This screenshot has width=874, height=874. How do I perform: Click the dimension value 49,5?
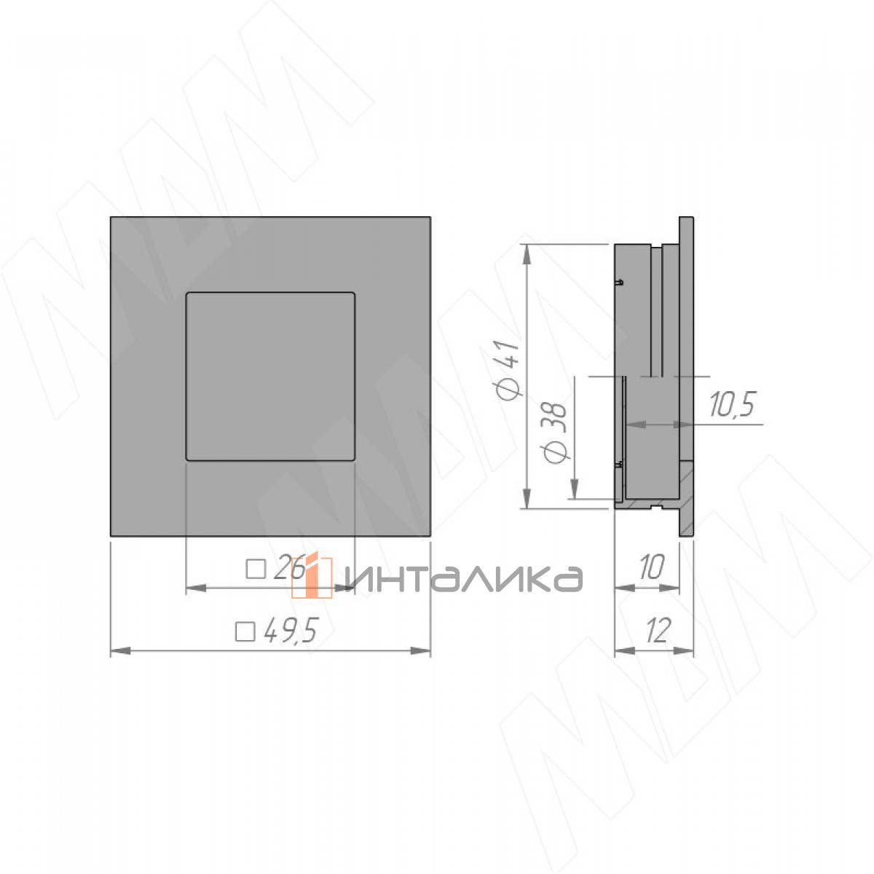(290, 630)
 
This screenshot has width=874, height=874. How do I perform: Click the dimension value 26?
(289, 567)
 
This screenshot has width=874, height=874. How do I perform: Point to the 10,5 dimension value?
(732, 404)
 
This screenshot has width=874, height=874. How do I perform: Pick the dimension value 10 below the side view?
(651, 567)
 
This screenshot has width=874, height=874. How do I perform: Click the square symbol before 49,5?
(245, 631)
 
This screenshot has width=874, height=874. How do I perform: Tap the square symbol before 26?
(256, 569)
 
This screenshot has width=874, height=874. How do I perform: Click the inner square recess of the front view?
(270, 377)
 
